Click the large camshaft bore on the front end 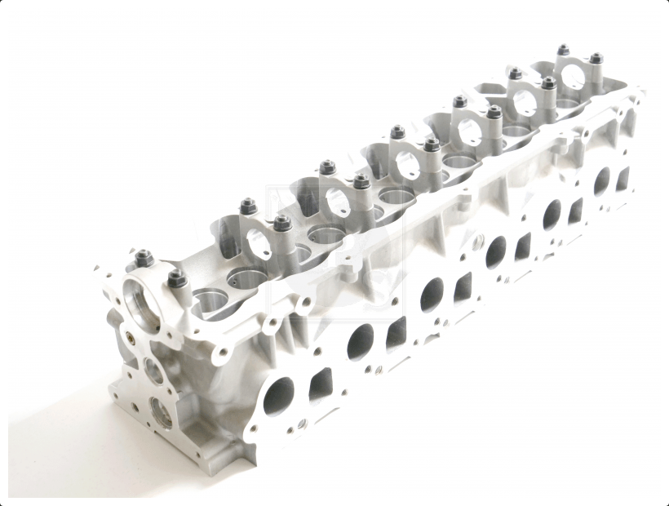point(140,302)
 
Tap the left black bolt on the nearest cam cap point(139,257)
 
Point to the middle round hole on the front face point(153,372)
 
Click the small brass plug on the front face point(127,335)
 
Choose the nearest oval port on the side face point(278,396)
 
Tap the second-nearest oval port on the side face point(360,341)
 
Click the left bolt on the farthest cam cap point(563,51)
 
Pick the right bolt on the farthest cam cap point(596,60)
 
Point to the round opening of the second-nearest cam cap point(259,242)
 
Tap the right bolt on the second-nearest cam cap point(282,222)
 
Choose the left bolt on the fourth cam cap point(398,132)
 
